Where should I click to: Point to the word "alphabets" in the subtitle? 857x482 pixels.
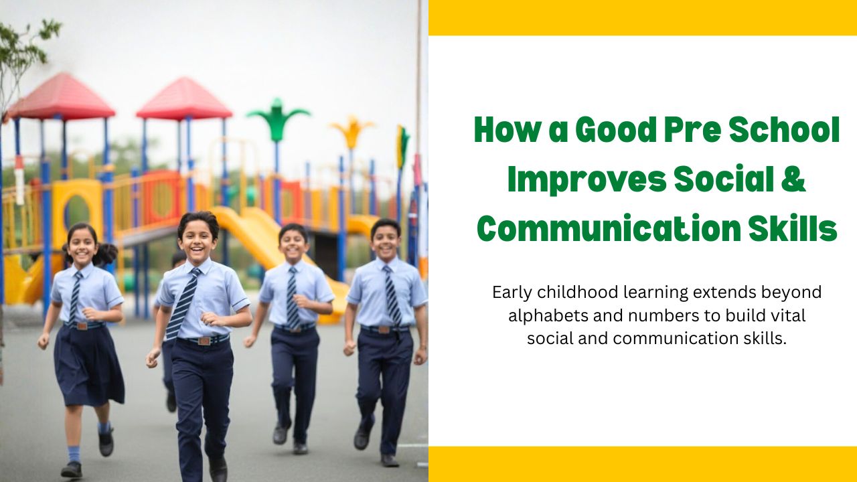coord(540,315)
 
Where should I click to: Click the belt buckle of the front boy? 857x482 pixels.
coord(202,340)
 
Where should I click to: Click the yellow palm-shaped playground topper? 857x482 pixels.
coord(352,131)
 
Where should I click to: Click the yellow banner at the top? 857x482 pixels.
coord(643,17)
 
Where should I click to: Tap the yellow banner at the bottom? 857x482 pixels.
coord(643,464)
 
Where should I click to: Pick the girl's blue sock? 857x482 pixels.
coord(74,453)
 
